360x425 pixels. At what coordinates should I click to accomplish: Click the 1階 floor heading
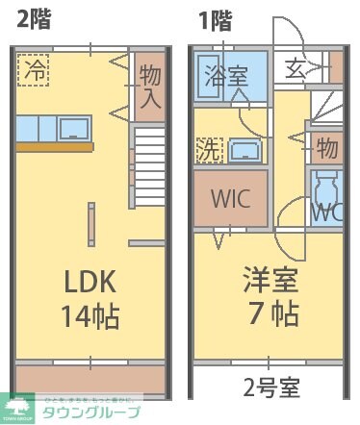click(x=217, y=18)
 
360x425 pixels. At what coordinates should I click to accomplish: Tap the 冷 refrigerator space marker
click(x=33, y=70)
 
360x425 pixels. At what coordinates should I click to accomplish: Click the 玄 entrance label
click(x=295, y=69)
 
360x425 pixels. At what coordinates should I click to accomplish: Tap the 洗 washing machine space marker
click(x=208, y=150)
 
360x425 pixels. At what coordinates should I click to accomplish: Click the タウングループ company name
click(x=90, y=412)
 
